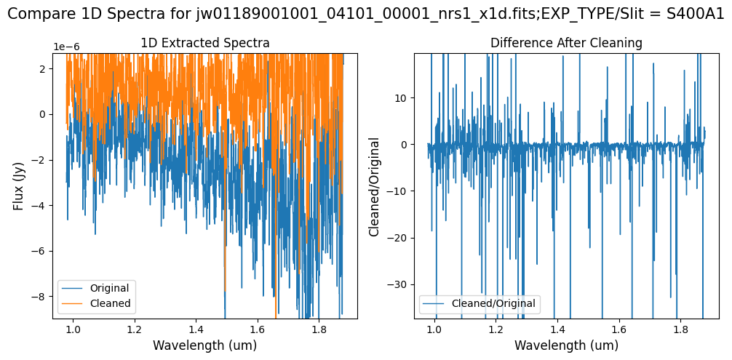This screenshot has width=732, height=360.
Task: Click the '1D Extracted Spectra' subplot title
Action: point(204,43)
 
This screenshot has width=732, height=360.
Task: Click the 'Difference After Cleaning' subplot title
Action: point(566,43)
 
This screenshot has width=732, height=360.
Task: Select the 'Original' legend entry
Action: point(111,288)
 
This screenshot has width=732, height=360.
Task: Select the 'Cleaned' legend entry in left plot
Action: point(110,303)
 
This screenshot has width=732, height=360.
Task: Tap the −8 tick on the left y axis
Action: point(41,297)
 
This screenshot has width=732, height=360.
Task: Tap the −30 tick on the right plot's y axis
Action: point(399,284)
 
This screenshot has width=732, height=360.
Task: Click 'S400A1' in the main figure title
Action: point(696,15)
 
